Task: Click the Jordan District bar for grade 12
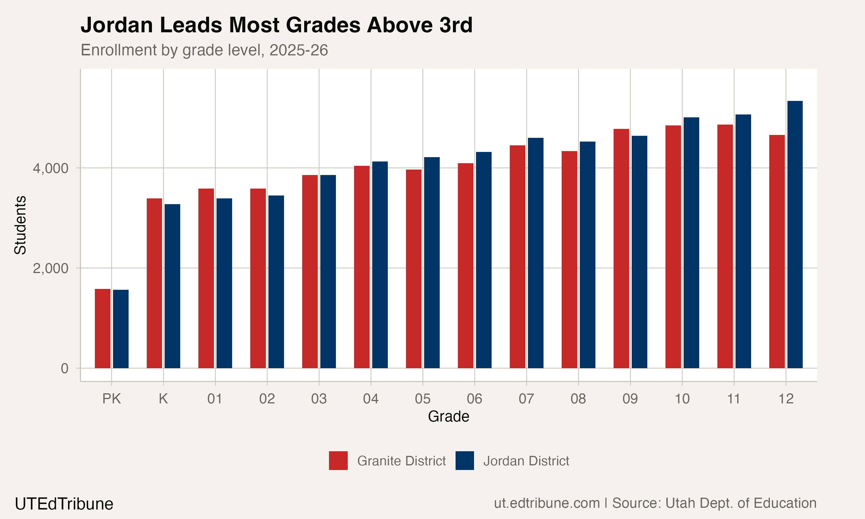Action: (x=795, y=234)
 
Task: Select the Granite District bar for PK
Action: (x=102, y=328)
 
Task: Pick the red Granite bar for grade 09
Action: (x=621, y=248)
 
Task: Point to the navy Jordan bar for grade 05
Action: (x=432, y=262)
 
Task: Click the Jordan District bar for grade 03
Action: (x=328, y=271)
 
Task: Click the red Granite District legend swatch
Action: (x=338, y=460)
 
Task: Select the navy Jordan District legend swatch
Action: (x=465, y=460)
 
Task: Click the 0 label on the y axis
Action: (x=65, y=368)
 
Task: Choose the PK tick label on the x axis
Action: (x=112, y=399)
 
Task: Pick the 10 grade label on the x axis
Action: (x=682, y=399)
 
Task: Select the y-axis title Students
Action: (x=20, y=225)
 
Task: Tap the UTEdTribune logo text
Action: (x=64, y=504)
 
